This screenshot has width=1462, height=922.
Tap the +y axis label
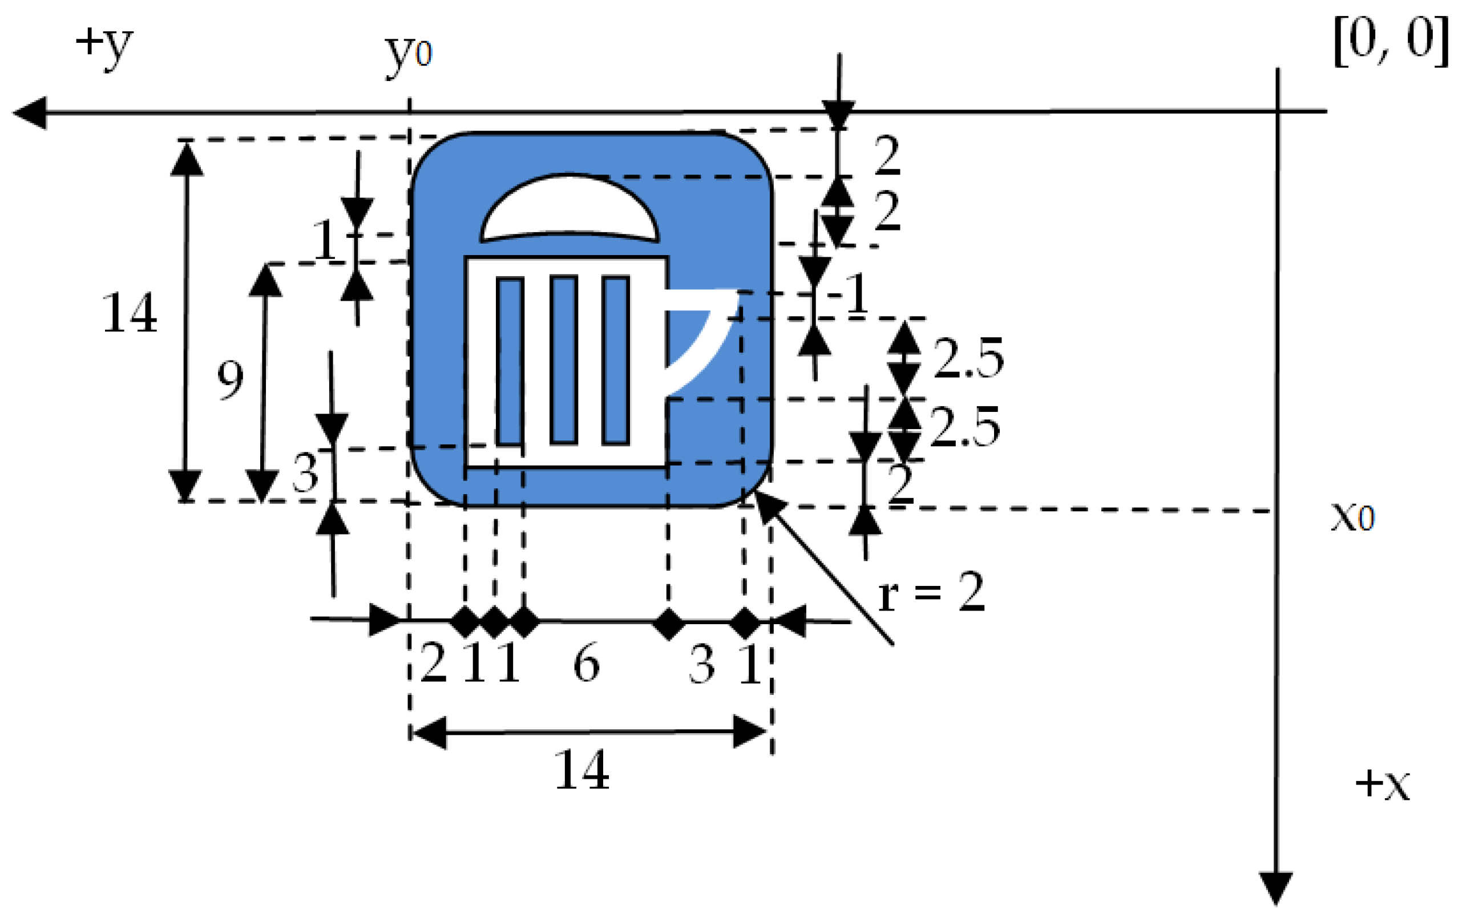click(x=103, y=46)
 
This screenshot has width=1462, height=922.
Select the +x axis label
click(x=1382, y=784)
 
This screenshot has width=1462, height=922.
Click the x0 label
click(x=1352, y=517)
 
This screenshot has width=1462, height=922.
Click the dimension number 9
click(x=230, y=379)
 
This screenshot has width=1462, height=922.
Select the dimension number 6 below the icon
click(x=586, y=664)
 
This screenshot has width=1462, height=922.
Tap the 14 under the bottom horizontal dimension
click(x=581, y=770)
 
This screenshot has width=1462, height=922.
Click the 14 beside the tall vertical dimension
click(x=130, y=313)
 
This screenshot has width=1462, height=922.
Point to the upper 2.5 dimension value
click(x=968, y=358)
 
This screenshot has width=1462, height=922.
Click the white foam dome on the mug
click(x=569, y=207)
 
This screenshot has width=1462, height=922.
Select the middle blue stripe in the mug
click(x=563, y=359)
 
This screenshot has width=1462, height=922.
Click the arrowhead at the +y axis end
click(x=30, y=112)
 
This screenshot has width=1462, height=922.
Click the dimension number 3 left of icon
click(x=305, y=473)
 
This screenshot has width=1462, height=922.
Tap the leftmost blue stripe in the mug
click(x=510, y=361)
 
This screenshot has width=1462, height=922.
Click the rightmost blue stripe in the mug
click(x=616, y=359)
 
